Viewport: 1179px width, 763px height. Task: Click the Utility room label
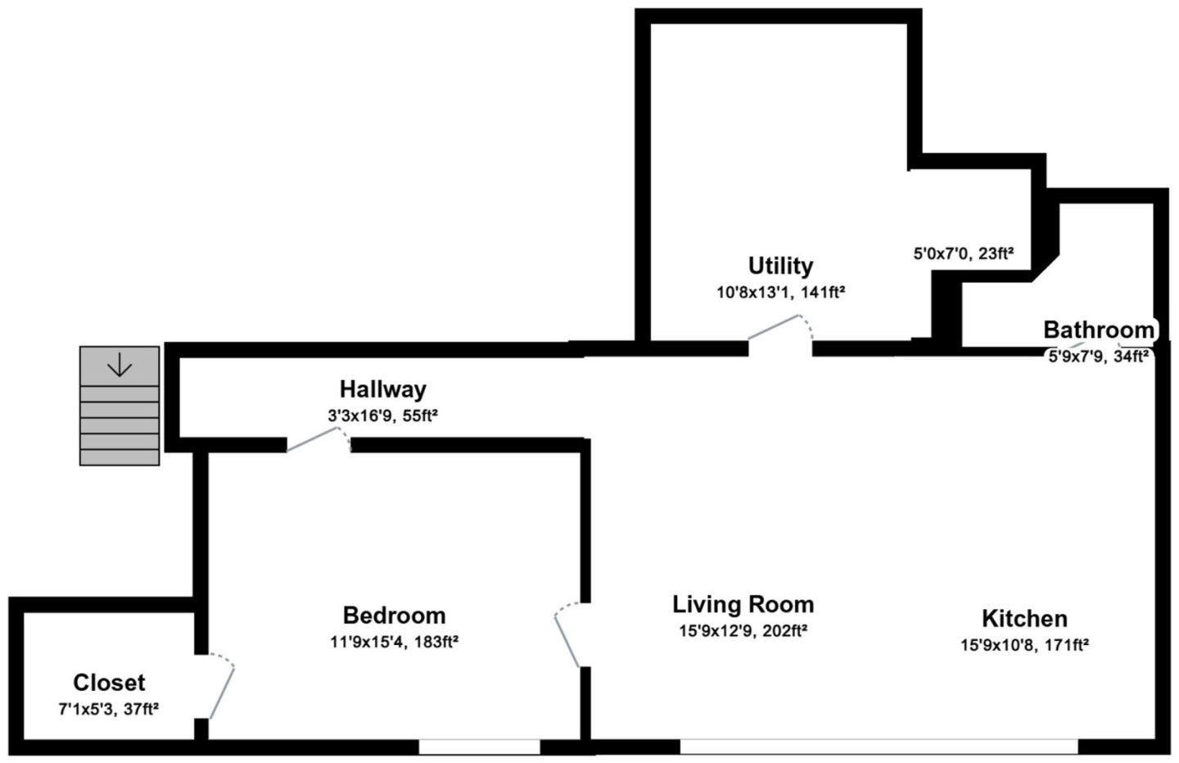pyautogui.click(x=780, y=266)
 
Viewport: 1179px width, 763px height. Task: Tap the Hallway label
pyautogui.click(x=383, y=388)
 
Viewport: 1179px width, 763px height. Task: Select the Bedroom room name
pyautogui.click(x=394, y=615)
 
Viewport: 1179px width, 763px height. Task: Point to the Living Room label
pyautogui.click(x=743, y=604)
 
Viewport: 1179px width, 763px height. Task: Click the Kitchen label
pyautogui.click(x=1024, y=618)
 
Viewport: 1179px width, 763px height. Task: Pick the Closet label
pyautogui.click(x=109, y=682)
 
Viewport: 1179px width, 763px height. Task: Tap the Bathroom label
pyautogui.click(x=1098, y=329)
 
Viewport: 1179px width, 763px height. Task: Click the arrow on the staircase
pyautogui.click(x=120, y=364)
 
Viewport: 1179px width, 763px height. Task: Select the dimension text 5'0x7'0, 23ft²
pyautogui.click(x=963, y=254)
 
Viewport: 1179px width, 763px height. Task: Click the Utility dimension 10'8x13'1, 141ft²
pyautogui.click(x=780, y=293)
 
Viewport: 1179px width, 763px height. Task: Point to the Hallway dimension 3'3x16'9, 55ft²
pyautogui.click(x=382, y=416)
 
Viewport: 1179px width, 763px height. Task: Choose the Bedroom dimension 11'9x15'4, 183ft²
pyautogui.click(x=394, y=642)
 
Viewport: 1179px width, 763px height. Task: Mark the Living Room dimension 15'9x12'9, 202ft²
pyautogui.click(x=743, y=631)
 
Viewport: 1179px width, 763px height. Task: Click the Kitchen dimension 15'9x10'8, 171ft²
pyautogui.click(x=1024, y=645)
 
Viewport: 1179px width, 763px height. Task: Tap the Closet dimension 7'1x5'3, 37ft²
pyautogui.click(x=108, y=709)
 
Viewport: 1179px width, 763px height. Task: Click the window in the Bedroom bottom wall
pyautogui.click(x=479, y=747)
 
